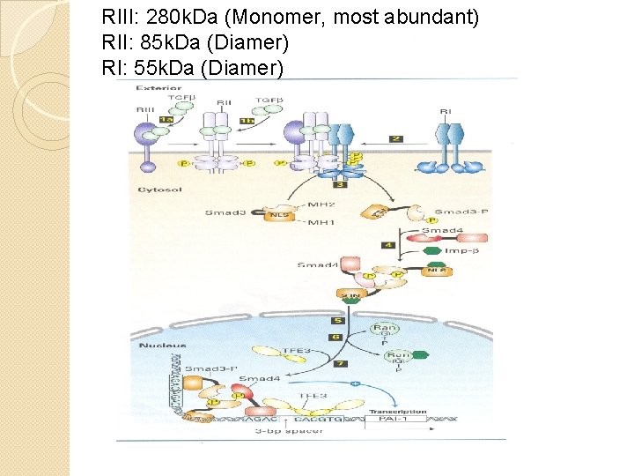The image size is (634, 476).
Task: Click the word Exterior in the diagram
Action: pyautogui.click(x=158, y=89)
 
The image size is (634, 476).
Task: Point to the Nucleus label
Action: pyautogui.click(x=156, y=344)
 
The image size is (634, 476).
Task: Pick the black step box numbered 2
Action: pyautogui.click(x=396, y=138)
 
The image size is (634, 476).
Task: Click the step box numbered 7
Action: pyautogui.click(x=340, y=363)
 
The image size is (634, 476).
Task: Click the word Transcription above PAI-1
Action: pyautogui.click(x=397, y=411)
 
